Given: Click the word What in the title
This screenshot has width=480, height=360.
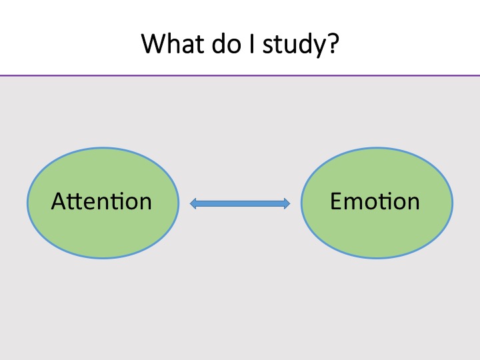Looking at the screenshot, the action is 173,43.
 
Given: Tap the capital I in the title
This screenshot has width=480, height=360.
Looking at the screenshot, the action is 252,43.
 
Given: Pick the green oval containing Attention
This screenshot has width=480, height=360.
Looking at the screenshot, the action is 103,203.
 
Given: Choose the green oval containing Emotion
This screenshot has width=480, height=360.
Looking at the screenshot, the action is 377,203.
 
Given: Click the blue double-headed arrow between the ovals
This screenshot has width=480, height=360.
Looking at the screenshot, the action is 240,203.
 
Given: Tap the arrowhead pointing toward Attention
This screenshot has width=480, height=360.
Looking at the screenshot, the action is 193,203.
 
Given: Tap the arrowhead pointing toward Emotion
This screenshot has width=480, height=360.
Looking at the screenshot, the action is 287,203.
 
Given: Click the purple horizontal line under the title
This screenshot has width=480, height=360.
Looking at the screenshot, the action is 240,75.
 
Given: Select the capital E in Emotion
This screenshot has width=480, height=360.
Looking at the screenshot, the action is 336,201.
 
